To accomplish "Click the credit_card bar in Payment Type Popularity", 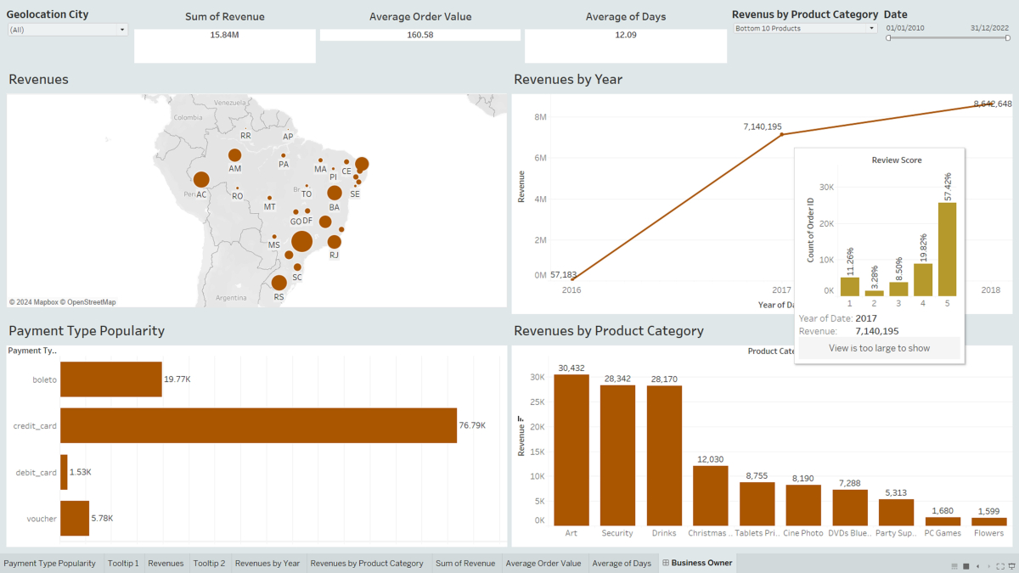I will coord(258,425).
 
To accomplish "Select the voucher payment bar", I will coord(75,518).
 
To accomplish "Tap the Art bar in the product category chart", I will coord(571,450).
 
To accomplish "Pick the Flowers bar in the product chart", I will coord(989,521).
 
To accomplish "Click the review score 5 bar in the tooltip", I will coord(947,249).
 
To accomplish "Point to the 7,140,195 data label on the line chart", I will coord(762,126).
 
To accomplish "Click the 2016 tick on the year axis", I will coord(572,290).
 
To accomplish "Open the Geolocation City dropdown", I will coord(67,30).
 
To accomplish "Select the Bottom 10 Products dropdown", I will coord(804,28).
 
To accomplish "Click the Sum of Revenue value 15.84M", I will coord(224,35).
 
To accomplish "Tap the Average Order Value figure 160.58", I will coord(419,35).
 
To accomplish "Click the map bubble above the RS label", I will coord(279,282).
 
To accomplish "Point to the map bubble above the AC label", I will coord(201,179).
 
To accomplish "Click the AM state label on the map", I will coord(235,169).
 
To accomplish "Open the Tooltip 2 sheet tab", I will coord(208,563).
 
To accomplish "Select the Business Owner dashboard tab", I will coord(701,563).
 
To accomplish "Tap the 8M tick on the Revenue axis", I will coord(540,117).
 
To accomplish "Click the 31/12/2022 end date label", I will coord(989,28).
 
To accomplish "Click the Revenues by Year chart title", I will coord(568,80).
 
